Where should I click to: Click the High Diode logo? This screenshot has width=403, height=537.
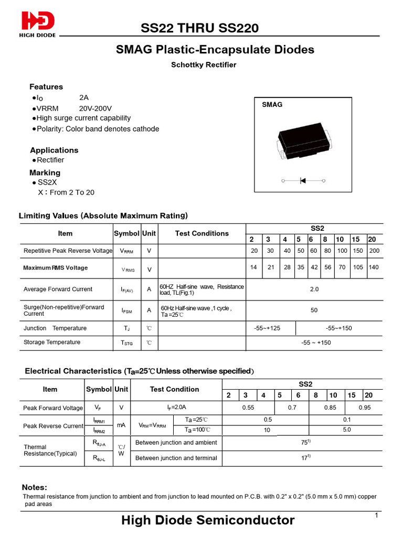click(38, 25)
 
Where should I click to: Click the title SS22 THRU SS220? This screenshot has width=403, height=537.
click(199, 28)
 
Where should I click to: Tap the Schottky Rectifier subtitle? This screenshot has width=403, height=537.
click(204, 65)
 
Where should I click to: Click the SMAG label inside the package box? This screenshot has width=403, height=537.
click(272, 104)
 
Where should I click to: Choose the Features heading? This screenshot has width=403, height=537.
click(46, 87)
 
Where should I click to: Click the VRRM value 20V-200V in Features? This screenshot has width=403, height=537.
click(96, 108)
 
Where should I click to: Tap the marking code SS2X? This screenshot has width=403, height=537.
click(47, 182)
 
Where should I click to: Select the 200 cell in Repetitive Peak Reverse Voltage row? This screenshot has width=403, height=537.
click(374, 251)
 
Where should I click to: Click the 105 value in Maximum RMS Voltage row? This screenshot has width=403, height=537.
click(358, 267)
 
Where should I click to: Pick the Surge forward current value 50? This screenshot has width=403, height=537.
click(314, 310)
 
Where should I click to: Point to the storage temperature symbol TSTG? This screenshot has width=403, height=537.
click(127, 343)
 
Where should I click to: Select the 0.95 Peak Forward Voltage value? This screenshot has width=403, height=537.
click(365, 407)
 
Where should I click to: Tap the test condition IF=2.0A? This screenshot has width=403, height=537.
click(177, 407)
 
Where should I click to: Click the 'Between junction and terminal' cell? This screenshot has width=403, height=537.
click(176, 458)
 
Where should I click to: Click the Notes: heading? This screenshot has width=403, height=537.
click(35, 487)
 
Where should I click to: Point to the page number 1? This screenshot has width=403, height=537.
click(377, 516)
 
